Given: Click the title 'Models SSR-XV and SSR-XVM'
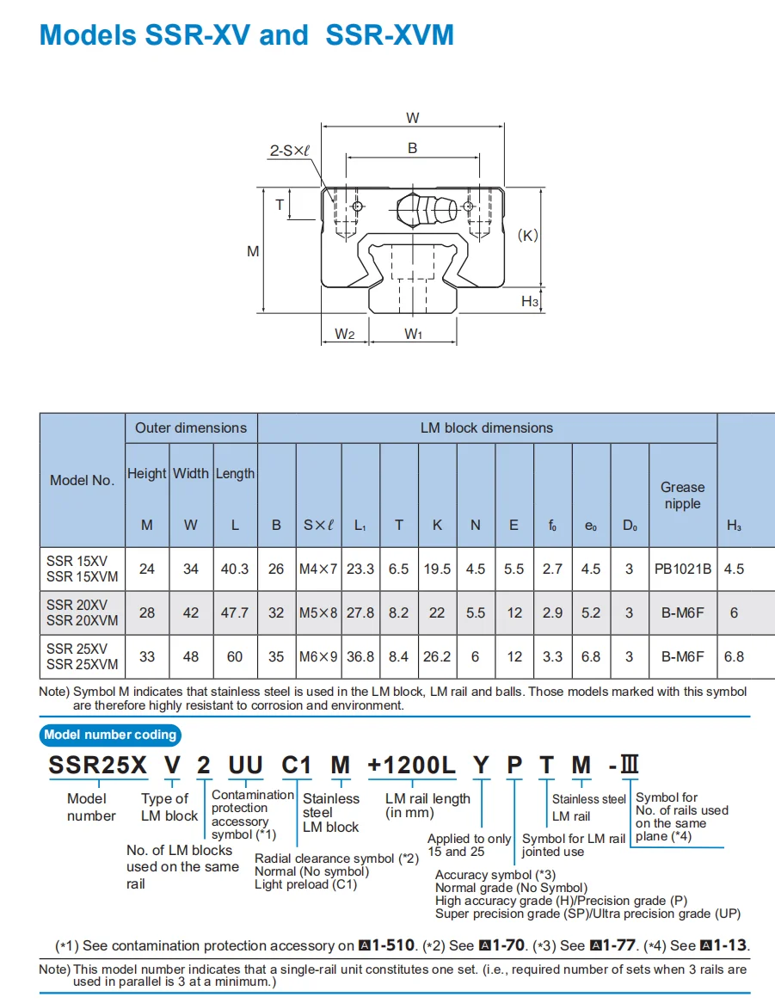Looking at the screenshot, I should pos(247,35).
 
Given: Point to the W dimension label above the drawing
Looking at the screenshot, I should pos(412,118).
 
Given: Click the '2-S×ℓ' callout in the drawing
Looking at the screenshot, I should pos(290,151).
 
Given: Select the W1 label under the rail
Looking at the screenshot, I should pos(414,334).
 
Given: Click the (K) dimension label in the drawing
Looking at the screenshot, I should pos(527,235).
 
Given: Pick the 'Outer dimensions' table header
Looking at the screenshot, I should pos(191,428).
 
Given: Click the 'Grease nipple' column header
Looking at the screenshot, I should pos(682,495).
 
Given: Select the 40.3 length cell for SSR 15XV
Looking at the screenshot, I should pos(235,569).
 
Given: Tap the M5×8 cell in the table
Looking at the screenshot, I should pos(318,612).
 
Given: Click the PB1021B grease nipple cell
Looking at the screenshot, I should pos(682,569).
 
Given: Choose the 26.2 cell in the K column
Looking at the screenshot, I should pos(437,656).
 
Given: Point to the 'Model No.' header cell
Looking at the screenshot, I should pos(82,480).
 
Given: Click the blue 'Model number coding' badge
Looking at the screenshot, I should pos(110,735).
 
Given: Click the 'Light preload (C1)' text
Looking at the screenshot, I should pos(305,885).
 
